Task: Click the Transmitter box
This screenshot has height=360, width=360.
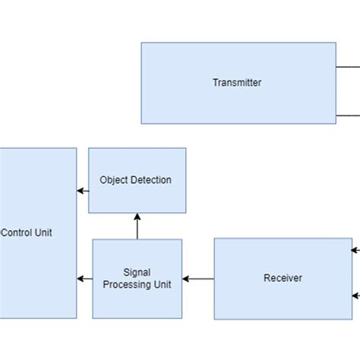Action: pos(238,83)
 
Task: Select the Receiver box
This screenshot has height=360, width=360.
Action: pos(283,278)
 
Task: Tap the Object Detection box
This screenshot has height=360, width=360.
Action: pos(137,180)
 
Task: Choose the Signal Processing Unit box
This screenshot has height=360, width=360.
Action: pos(137,278)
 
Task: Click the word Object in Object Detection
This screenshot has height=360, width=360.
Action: pos(115,180)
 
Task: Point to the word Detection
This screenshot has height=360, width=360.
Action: pos(151,180)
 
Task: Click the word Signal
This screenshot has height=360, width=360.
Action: pos(137,272)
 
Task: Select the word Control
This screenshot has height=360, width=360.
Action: pos(16,233)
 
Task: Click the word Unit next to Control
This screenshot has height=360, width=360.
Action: pos(43,233)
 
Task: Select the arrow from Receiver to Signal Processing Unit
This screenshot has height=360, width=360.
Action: pos(198,279)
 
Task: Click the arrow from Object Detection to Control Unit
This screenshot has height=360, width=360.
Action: pos(83,191)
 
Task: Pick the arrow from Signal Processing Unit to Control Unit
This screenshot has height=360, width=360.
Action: pos(84,279)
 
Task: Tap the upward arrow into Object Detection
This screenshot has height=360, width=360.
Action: pos(137,226)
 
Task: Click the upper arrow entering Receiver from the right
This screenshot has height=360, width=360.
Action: pos(355,248)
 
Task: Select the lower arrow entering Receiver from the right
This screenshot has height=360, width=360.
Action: pos(355,295)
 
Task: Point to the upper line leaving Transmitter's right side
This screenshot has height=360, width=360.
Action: pos(348,66)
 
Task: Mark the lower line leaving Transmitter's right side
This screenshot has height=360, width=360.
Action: pos(348,115)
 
